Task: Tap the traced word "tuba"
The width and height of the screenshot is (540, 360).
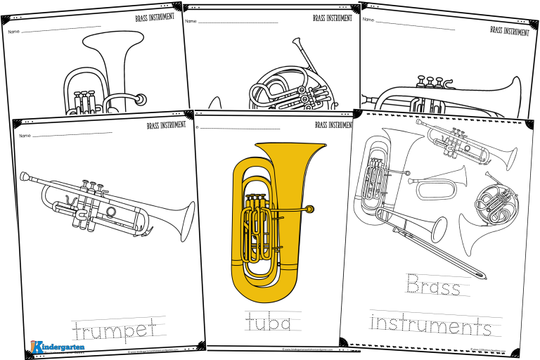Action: point(268,323)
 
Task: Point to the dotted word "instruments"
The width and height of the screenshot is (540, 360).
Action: point(430,325)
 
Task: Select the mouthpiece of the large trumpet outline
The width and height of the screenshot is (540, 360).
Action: point(24,176)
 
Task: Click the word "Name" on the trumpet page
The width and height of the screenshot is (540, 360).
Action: point(25,134)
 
